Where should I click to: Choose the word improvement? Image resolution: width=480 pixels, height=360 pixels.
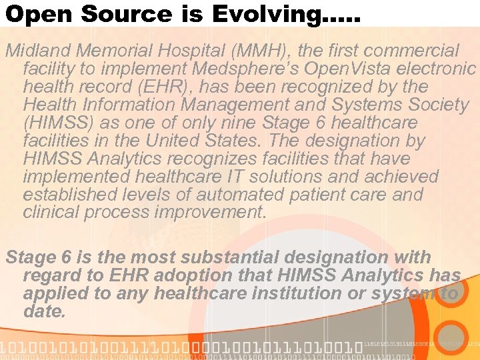coord(208,213)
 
